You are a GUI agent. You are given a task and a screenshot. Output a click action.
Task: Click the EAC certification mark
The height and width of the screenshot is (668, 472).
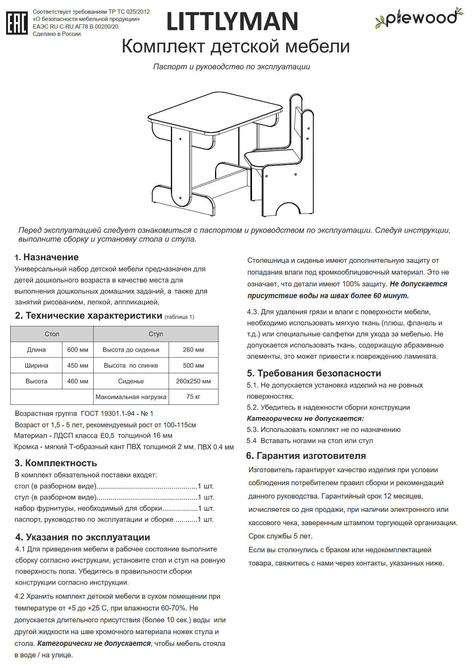tap(17, 23)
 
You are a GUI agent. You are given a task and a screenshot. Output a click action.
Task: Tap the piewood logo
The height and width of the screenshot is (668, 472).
tap(419, 18)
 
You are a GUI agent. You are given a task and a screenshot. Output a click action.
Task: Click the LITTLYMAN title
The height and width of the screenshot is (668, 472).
tap(232, 21)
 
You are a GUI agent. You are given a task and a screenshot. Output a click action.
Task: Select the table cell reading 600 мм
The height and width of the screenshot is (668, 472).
tap(78, 350)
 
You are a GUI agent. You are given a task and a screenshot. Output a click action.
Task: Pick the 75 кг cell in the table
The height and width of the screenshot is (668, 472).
tap(193, 396)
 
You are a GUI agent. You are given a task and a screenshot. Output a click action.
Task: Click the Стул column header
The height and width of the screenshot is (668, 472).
tap(156, 334)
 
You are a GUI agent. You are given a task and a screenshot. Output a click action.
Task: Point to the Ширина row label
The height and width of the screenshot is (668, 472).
tap(37, 365)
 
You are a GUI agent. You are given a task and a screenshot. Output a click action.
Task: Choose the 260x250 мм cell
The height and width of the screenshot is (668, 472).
tap(193, 381)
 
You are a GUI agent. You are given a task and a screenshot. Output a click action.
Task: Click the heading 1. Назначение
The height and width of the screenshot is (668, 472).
tap(47, 257)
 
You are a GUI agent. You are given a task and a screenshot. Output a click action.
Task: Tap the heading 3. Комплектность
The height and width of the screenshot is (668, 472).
tap(56, 463)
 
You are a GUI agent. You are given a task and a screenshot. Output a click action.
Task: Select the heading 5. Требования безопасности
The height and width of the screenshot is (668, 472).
tap(314, 373)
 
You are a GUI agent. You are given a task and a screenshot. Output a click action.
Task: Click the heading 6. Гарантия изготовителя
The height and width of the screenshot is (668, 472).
tap(306, 456)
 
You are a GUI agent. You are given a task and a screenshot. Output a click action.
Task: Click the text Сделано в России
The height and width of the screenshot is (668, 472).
tap(57, 34)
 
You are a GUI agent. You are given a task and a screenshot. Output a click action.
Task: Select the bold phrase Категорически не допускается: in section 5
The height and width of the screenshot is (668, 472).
tap(305, 419)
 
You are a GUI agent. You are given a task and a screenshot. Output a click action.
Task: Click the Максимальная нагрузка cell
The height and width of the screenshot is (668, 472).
tap(131, 397)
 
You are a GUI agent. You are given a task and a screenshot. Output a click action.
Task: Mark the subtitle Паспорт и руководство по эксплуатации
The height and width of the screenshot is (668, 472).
tap(231, 67)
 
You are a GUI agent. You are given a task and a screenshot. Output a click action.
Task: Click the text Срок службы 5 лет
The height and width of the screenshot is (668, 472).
tap(280, 536)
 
